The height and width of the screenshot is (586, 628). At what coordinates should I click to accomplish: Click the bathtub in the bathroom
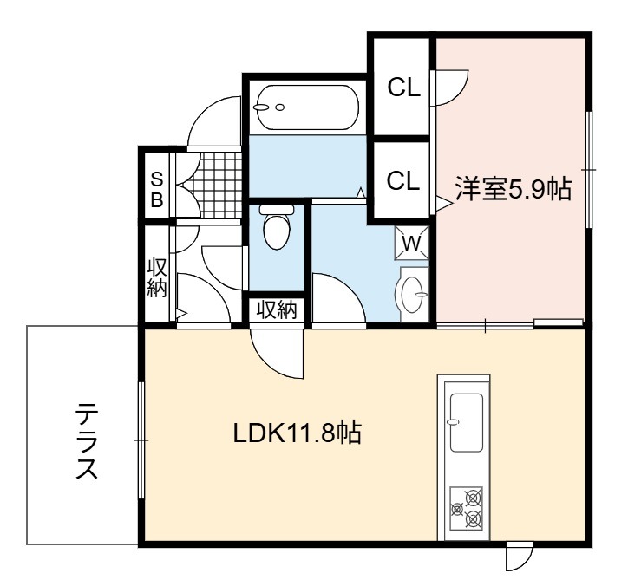(308, 107)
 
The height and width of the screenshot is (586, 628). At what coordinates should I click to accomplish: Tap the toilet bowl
(277, 227)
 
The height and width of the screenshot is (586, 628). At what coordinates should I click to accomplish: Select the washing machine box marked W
(411, 243)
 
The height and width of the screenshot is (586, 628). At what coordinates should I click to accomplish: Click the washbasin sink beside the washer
(411, 293)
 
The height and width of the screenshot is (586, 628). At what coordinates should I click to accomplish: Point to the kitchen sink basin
(466, 422)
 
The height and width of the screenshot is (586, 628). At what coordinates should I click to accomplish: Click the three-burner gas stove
(466, 507)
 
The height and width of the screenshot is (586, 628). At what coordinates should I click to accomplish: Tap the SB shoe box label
(157, 190)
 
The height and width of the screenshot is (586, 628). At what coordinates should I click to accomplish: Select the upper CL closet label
(403, 87)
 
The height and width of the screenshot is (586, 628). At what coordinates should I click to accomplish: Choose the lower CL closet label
(403, 180)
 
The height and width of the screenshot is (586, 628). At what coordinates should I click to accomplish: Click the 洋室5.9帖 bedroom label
(514, 188)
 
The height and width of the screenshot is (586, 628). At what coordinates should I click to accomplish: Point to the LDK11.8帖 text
(298, 433)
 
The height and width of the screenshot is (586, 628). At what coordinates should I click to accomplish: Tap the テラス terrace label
(87, 440)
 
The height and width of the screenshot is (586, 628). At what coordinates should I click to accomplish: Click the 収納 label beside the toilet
(277, 309)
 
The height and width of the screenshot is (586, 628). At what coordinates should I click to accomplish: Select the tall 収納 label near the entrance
(157, 277)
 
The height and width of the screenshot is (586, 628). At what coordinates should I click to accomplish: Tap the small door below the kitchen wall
(519, 557)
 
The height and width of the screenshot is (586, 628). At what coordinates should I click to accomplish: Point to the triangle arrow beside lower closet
(443, 204)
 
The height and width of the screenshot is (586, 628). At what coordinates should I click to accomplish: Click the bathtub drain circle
(280, 107)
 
